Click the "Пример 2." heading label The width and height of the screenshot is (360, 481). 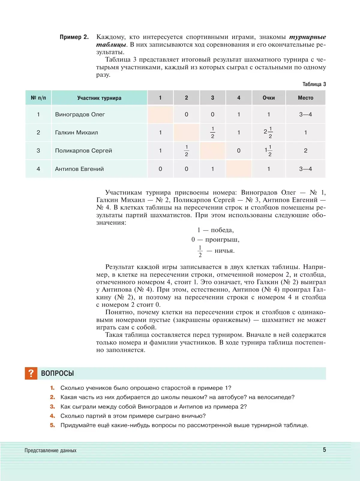click(x=74, y=37)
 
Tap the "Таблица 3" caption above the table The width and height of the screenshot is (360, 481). click(x=314, y=84)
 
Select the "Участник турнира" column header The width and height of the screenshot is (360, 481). click(x=99, y=98)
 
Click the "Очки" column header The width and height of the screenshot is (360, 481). click(x=268, y=98)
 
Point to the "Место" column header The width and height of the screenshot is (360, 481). click(x=305, y=98)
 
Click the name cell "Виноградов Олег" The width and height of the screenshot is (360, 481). click(x=80, y=115)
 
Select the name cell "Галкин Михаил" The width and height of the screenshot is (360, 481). click(x=76, y=133)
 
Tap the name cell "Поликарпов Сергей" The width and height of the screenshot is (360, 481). click(x=83, y=151)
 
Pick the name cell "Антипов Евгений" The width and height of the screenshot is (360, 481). click(x=79, y=169)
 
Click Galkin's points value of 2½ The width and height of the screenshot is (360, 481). click(x=268, y=132)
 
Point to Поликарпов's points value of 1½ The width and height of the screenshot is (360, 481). click(x=268, y=151)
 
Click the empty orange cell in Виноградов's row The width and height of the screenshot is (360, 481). click(x=160, y=115)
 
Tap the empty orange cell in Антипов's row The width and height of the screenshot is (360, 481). click(x=238, y=169)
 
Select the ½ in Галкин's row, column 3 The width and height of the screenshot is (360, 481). click(x=212, y=132)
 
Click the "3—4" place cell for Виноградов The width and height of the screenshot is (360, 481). click(x=305, y=115)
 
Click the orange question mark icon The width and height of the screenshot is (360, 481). click(x=31, y=373)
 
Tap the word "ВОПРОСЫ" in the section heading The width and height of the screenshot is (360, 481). click(x=57, y=373)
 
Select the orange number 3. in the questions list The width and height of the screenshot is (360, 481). click(x=52, y=407)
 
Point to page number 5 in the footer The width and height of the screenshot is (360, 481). click(x=324, y=450)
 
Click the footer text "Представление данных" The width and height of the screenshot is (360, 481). click(x=50, y=450)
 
